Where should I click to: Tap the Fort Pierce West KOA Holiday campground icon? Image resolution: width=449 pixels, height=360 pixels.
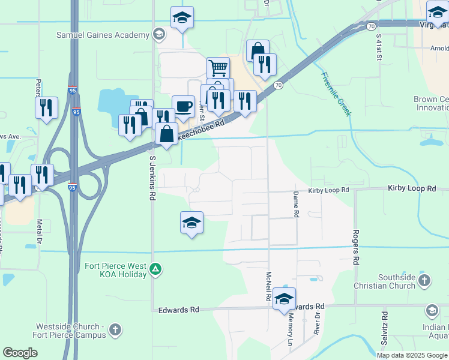coord(156,268)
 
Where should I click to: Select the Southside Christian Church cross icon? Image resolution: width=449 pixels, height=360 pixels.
coord(424,280)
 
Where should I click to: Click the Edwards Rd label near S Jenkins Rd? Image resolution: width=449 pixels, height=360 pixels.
coord(178,310)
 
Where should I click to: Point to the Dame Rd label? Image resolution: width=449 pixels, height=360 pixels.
coord(296,205)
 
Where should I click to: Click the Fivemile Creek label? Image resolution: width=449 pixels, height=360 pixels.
coord(335,93)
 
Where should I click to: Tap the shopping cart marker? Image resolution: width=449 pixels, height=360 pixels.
coord(218,68)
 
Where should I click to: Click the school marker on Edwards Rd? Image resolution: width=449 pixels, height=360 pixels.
coord(284,299)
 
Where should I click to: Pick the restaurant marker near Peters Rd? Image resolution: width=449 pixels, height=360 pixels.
coord(46,107)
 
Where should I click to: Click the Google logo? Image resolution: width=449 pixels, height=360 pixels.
coord(20,353)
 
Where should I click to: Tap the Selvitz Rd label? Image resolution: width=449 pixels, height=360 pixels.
coord(384,328)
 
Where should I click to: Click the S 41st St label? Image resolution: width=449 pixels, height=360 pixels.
coord(379,49)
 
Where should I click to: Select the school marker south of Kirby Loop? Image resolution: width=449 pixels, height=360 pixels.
coord(191,223)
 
